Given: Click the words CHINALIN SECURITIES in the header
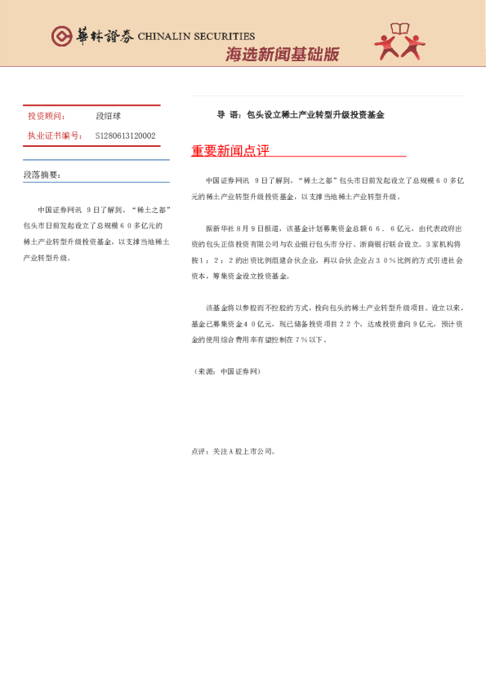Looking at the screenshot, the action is [196, 37].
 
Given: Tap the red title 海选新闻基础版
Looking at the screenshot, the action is [282, 55].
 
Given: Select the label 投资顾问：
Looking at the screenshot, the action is [47, 117].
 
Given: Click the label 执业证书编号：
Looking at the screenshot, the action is [55, 135].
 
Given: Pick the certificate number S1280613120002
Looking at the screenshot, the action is [125, 135].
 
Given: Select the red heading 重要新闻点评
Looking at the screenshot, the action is [230, 151].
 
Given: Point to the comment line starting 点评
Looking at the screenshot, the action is [234, 450].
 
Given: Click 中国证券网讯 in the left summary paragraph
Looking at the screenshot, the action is [60, 209].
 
